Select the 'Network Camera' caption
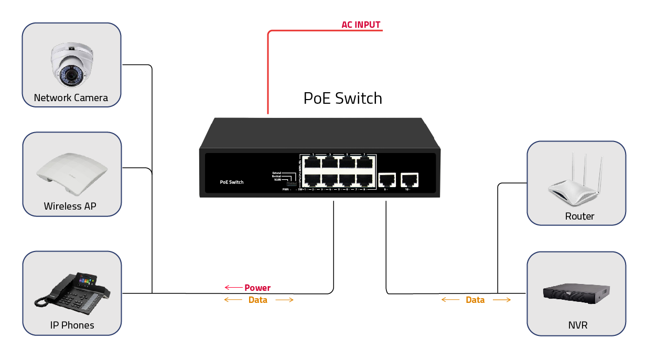71,98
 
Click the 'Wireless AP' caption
70,206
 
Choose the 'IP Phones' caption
72,325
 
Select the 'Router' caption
579,216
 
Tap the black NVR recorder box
577,293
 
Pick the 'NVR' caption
578,325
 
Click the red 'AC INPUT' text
361,25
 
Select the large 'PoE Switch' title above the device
343,99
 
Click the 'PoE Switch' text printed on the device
231,182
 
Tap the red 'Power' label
257,288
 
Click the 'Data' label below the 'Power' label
258,300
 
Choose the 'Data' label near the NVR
475,300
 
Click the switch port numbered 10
409,180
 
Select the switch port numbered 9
387,180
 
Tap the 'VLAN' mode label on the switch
277,180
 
